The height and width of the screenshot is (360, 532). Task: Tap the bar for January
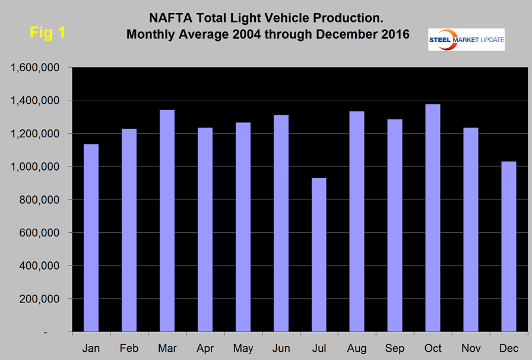click(x=91, y=238)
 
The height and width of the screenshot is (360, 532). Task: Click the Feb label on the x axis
click(x=129, y=347)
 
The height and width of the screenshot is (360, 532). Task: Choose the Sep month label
click(x=395, y=347)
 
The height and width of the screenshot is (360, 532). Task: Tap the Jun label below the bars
click(x=281, y=347)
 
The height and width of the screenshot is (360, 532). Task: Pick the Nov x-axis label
click(x=471, y=347)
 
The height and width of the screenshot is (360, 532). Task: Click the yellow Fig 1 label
click(x=47, y=33)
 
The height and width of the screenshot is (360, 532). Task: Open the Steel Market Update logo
click(x=466, y=39)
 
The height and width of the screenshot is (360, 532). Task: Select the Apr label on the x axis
click(x=205, y=347)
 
